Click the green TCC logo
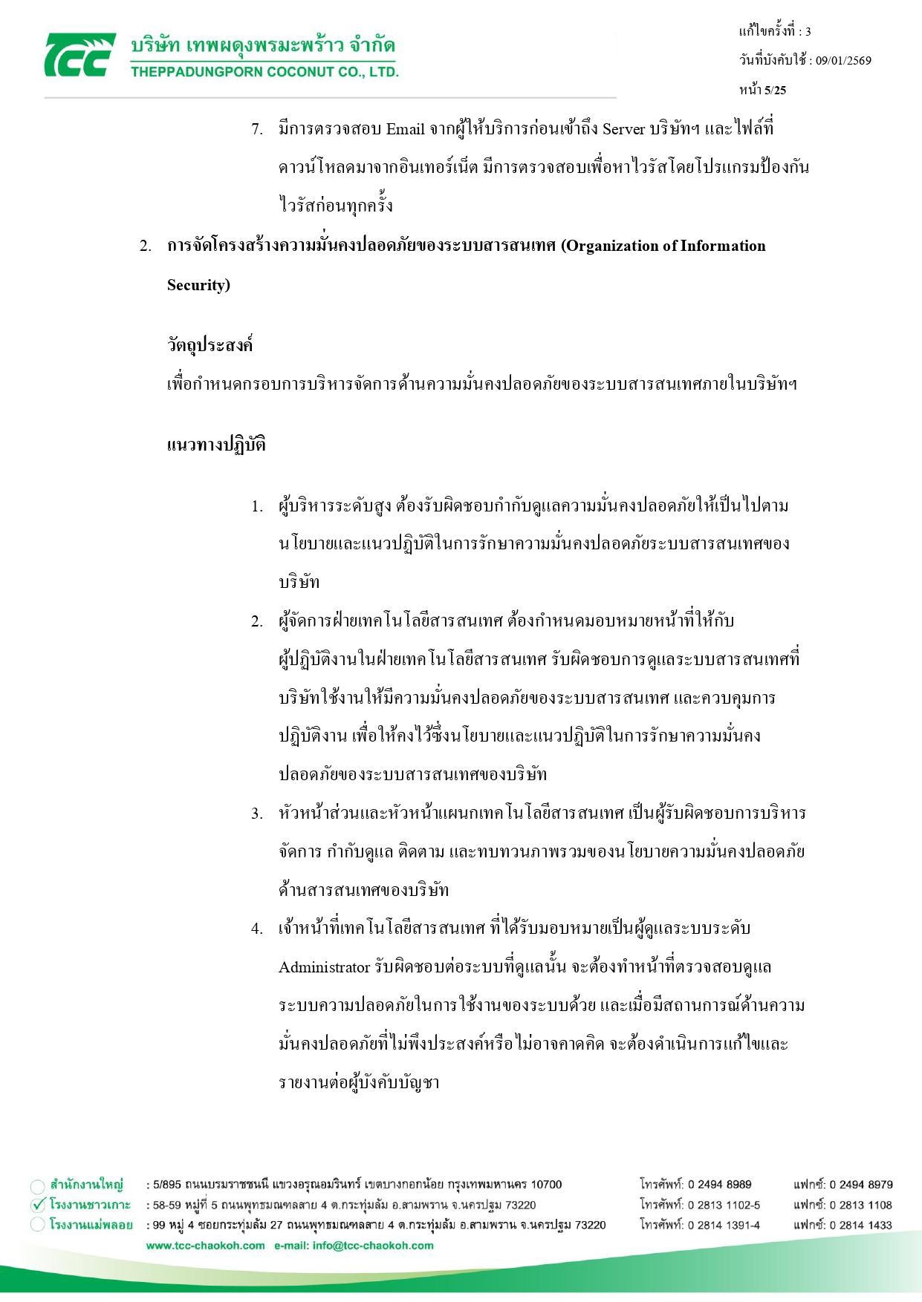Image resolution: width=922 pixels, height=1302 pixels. pos(79,55)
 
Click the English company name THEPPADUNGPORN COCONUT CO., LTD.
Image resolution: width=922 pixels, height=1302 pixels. pos(264,72)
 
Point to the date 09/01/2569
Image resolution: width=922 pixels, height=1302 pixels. pos(843,61)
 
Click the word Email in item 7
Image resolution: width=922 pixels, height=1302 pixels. pos(405,129)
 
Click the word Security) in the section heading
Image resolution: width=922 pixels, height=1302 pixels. pos(198,285)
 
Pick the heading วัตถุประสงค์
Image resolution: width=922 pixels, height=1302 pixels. pos(210,346)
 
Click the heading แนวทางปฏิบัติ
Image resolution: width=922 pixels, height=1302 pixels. pos(216,445)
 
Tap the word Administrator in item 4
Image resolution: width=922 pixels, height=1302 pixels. pos(324,967)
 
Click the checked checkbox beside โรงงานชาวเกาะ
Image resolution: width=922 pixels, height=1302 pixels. pos(39,1206)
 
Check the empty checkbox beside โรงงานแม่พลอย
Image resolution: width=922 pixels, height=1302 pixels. pos(38,1225)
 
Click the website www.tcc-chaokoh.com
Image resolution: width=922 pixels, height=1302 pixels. pos(205,1246)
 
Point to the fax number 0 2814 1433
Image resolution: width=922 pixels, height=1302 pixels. pos(860,1225)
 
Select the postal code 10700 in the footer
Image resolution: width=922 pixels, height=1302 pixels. pos(546,1185)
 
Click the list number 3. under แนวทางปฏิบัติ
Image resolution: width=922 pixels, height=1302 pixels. pos(256,814)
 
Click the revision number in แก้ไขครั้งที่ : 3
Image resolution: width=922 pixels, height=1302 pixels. pos(808,31)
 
